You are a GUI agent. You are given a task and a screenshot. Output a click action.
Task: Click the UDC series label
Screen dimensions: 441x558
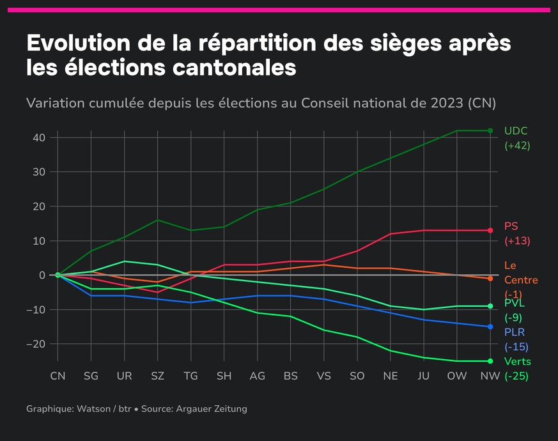pyautogui.click(x=516, y=131)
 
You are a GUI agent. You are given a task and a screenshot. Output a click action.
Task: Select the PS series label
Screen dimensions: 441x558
pyautogui.click(x=511, y=226)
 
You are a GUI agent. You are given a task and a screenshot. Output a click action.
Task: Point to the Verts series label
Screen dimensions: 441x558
pyautogui.click(x=518, y=362)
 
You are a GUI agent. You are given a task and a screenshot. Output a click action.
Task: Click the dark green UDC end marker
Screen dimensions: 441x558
pyautogui.click(x=490, y=130)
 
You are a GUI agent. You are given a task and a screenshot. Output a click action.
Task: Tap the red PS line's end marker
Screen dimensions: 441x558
pyautogui.click(x=490, y=231)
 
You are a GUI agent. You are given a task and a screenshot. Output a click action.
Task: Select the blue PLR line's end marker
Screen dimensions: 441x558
pyautogui.click(x=490, y=327)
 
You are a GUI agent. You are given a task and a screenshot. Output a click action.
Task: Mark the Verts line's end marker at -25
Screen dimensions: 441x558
pyautogui.click(x=490, y=361)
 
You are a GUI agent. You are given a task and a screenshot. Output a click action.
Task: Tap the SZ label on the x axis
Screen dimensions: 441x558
pyautogui.click(x=157, y=376)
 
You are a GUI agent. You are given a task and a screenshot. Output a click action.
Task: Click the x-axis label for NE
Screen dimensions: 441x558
pyautogui.click(x=390, y=376)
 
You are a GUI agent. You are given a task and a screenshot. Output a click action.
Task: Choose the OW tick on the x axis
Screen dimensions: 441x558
pyautogui.click(x=456, y=376)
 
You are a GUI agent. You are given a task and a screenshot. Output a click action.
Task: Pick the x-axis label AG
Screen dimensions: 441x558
pyautogui.click(x=257, y=376)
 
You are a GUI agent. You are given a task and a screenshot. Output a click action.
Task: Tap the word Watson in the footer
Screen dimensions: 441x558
pyautogui.click(x=93, y=408)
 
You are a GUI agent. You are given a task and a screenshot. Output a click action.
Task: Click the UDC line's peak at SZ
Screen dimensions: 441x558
pyautogui.click(x=157, y=220)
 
